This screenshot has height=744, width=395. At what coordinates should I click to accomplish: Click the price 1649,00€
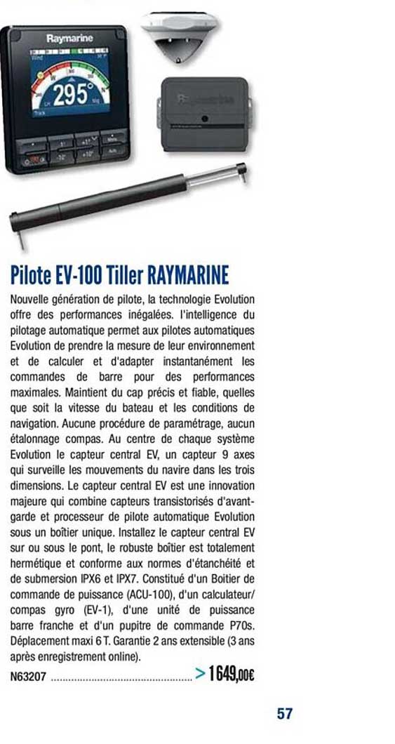pos(232,675)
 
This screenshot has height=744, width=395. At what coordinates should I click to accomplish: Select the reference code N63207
pos(29,678)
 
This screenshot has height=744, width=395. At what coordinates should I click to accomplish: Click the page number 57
pos(284,714)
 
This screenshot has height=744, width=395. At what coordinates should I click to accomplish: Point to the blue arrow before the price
pos(199,675)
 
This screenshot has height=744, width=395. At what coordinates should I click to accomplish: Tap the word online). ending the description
pos(121,657)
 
